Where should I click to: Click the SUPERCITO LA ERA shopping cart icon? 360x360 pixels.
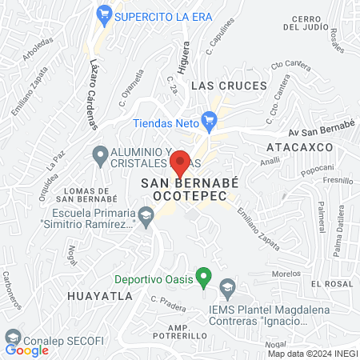103,14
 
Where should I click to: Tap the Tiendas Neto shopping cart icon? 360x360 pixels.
210,121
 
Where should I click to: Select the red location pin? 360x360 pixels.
181,162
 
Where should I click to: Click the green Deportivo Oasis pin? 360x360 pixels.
203,278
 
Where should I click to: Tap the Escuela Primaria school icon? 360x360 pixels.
146,214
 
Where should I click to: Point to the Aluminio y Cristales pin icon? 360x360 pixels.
100,153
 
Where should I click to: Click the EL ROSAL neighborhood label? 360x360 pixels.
331,284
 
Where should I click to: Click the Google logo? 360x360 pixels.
27,350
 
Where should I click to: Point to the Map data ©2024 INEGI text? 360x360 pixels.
312,353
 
